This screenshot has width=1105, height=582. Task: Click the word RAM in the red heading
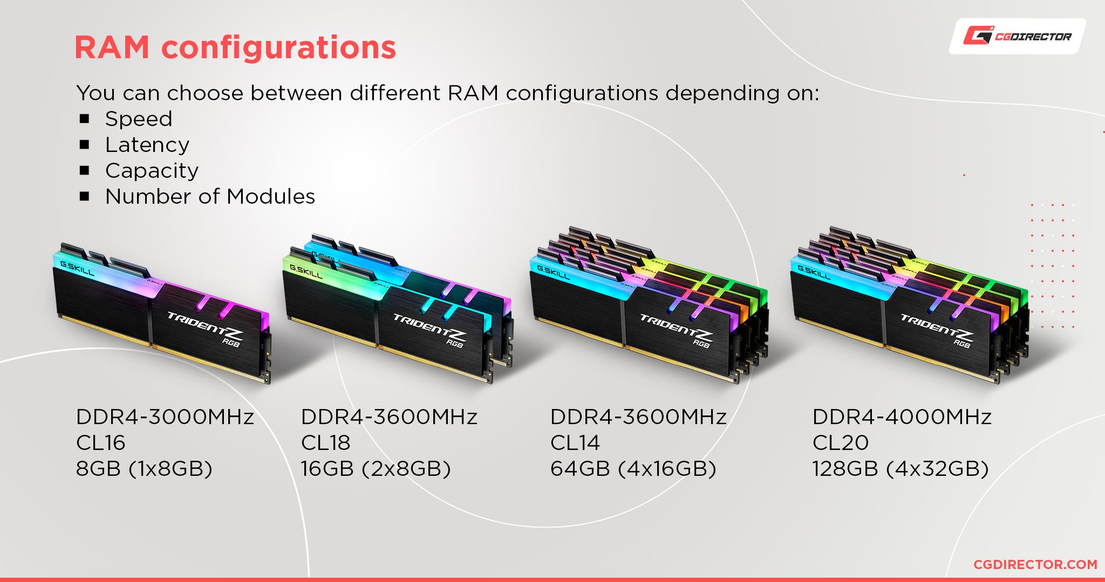coord(112,47)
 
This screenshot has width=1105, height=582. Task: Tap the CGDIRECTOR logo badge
coord(1018,36)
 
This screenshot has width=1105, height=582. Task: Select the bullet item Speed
coord(139,119)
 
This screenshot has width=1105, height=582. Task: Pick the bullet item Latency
coord(147,145)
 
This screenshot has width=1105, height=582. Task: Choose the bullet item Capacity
coord(152,171)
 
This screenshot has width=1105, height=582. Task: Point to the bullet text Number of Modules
coord(210,197)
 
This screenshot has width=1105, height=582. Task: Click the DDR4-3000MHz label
coord(165,417)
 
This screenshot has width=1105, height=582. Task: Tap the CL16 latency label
coord(100,442)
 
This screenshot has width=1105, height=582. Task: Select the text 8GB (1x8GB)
coord(144,469)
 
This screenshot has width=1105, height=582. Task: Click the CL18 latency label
coord(325,442)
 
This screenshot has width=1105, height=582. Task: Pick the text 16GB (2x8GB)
coord(376,469)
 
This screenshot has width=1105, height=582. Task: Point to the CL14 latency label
coord(575,442)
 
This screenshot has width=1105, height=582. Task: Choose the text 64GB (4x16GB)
coord(633,469)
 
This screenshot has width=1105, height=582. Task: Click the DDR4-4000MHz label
coord(902,417)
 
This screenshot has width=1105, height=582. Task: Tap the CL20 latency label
coord(841,442)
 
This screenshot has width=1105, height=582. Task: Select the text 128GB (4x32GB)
coord(901,469)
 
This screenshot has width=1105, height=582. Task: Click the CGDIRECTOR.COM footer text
coord(1035,564)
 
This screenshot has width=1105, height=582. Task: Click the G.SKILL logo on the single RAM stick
coord(77,268)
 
